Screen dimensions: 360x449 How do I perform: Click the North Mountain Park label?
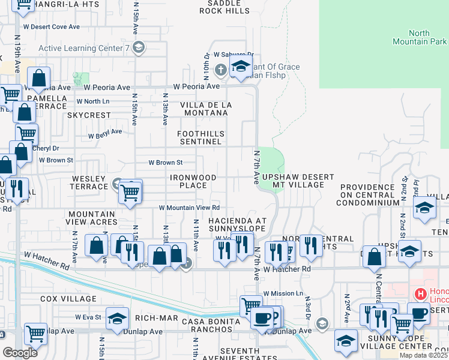click(427, 37)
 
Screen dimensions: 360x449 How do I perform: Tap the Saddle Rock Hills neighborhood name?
click(224, 7)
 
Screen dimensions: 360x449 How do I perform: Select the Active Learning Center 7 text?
click(84, 48)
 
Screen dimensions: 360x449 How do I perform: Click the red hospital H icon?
click(421, 294)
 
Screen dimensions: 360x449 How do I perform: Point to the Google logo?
click(20, 352)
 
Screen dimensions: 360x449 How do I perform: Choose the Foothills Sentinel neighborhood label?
click(201, 137)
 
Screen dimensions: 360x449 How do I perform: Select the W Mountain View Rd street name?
click(189, 208)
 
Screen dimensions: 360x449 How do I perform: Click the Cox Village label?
click(68, 298)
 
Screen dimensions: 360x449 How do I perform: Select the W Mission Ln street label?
click(283, 293)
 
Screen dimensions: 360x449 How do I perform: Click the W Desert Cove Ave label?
click(51, 27)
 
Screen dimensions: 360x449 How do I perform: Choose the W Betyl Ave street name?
click(105, 133)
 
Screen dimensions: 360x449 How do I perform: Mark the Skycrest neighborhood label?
click(89, 115)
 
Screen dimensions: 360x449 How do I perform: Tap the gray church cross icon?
click(220, 70)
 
